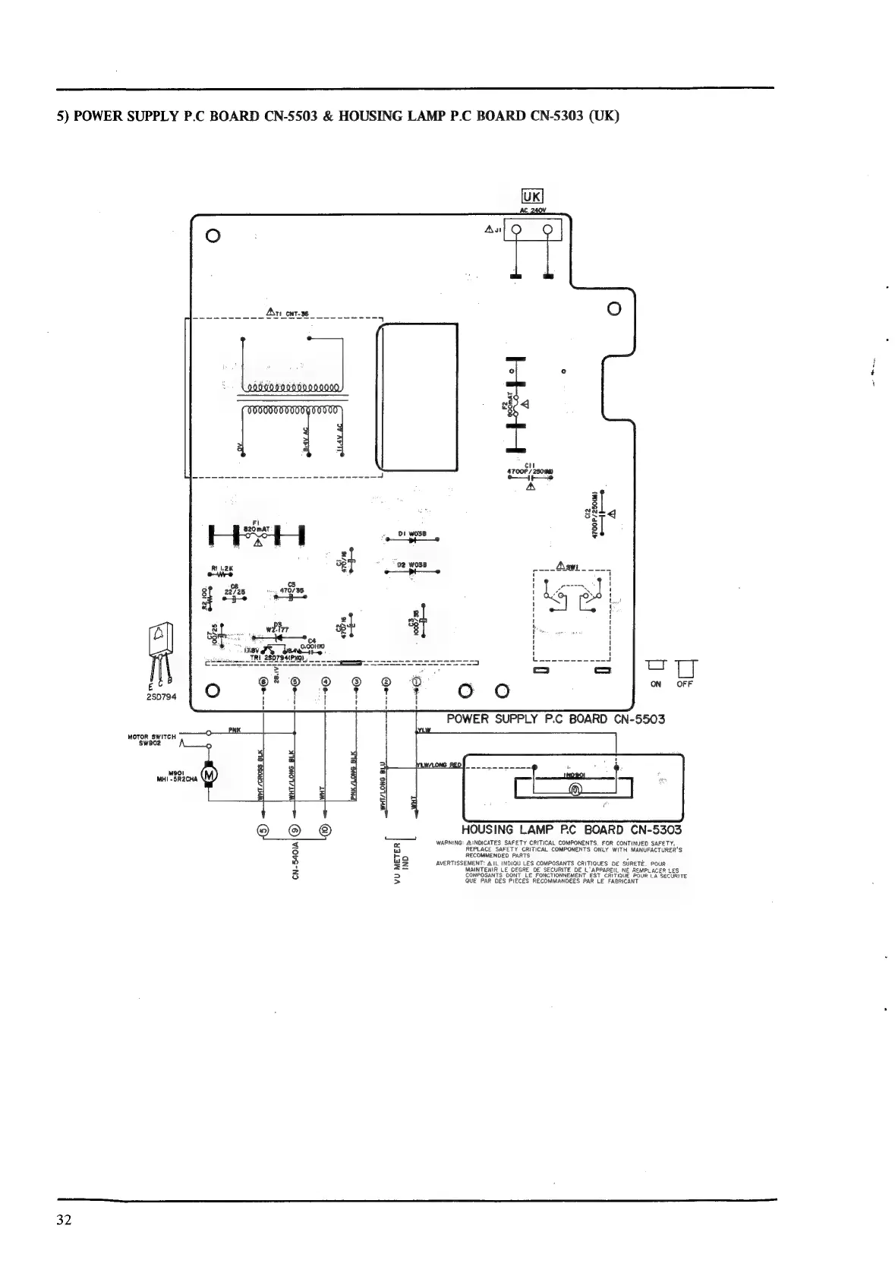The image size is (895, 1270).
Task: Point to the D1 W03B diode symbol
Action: pyautogui.click(x=412, y=539)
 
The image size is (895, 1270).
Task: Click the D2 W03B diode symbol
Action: pyautogui.click(x=412, y=571)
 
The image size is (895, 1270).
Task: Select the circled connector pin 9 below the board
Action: pyautogui.click(x=295, y=829)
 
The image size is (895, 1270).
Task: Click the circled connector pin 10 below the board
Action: pyautogui.click(x=325, y=829)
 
